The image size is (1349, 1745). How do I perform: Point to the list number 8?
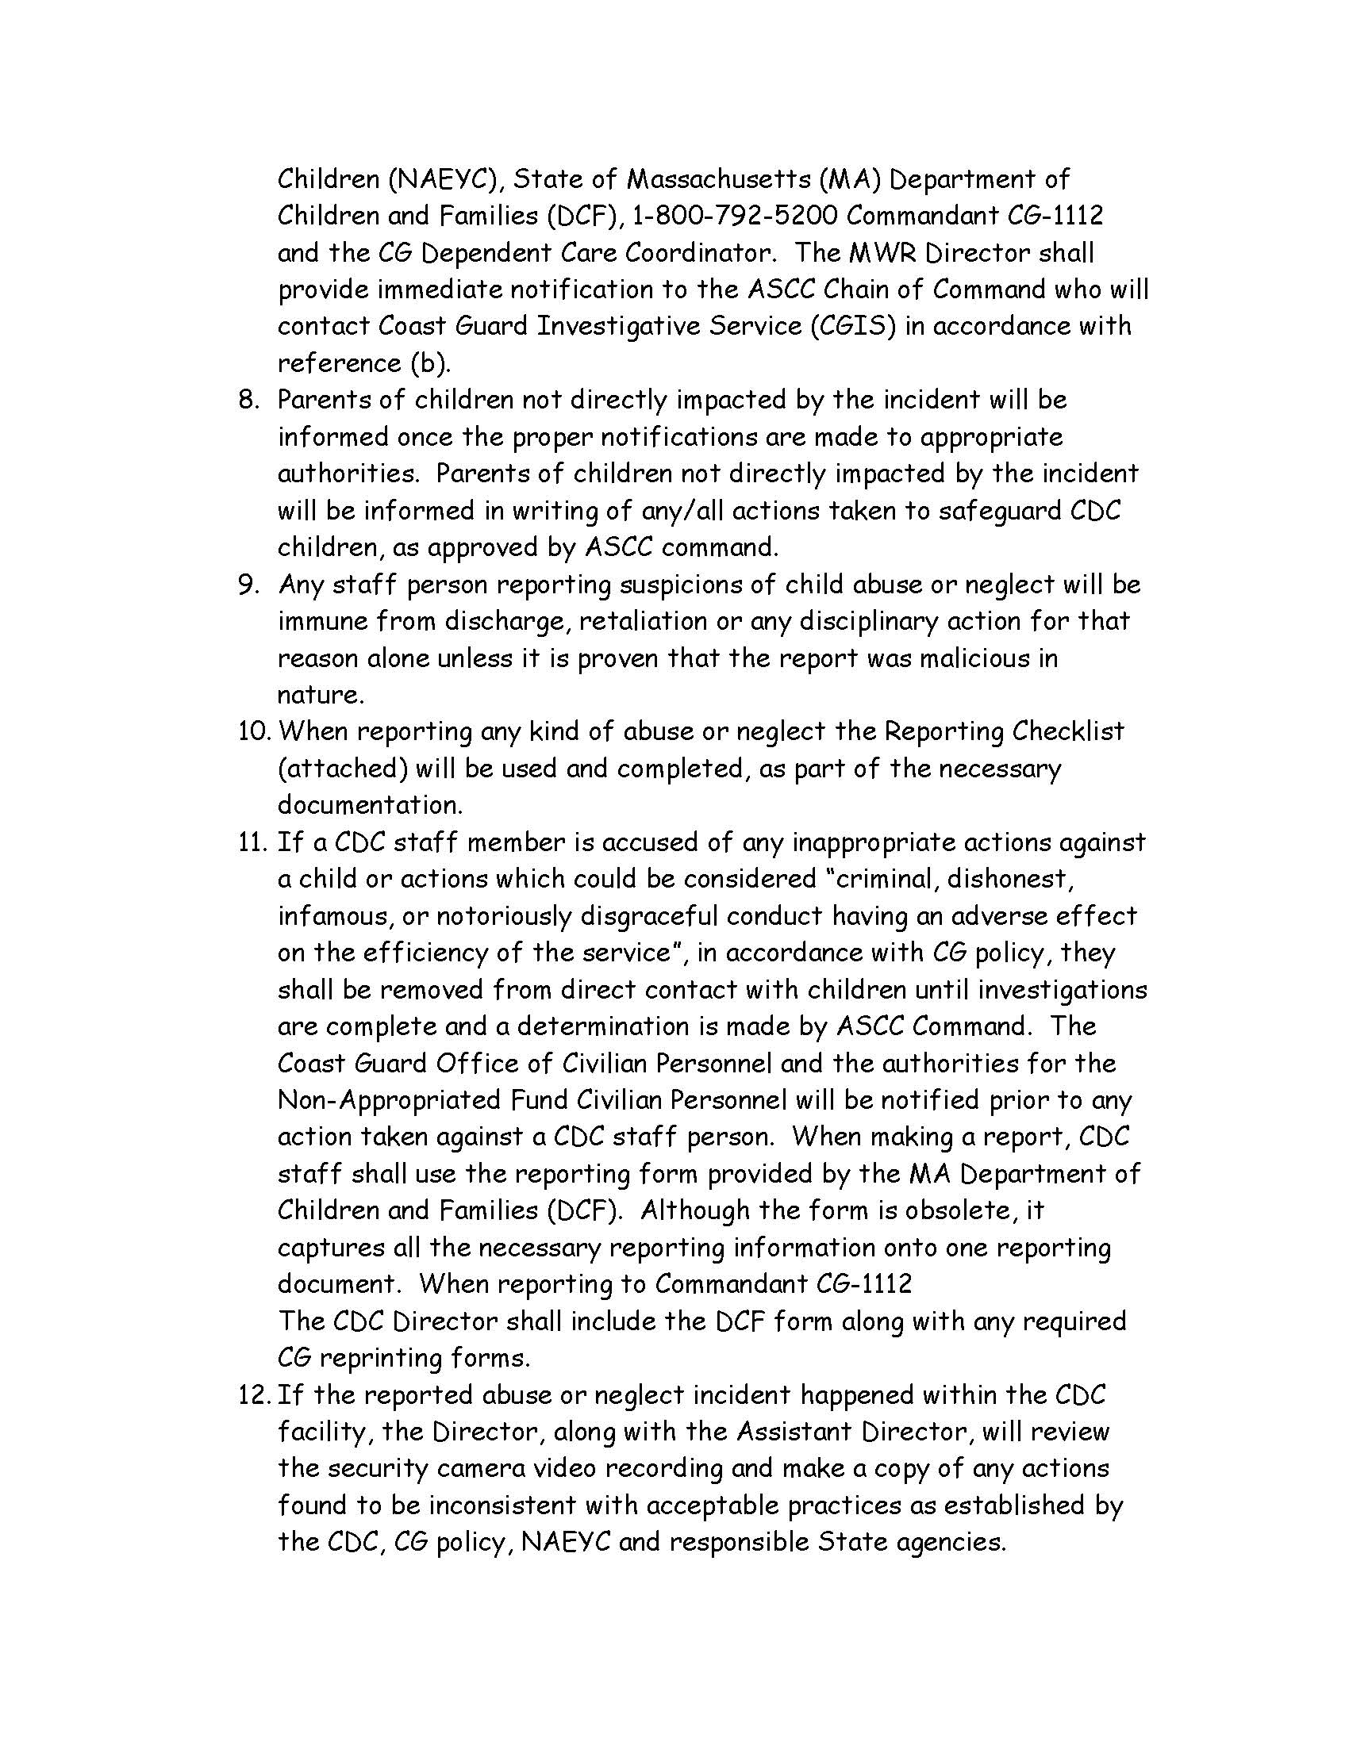(x=249, y=400)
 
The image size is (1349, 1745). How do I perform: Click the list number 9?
(x=249, y=585)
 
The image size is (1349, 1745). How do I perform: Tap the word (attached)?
(x=343, y=769)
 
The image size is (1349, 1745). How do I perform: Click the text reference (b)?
(x=363, y=362)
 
